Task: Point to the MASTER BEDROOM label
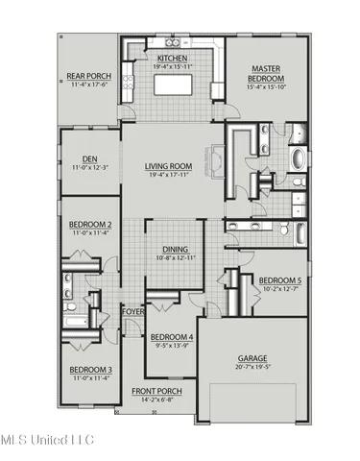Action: tap(265, 74)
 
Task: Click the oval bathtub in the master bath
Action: tap(298, 158)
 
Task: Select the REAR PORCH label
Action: tap(85, 77)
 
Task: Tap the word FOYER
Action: tap(132, 311)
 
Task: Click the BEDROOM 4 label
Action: tap(172, 337)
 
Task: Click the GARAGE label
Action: tap(253, 357)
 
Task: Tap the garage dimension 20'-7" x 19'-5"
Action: tap(253, 367)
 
